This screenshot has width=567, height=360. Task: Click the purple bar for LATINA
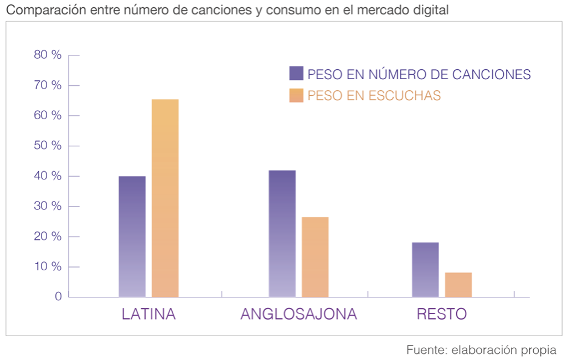tap(132, 236)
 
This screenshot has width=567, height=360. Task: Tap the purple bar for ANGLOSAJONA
tap(282, 233)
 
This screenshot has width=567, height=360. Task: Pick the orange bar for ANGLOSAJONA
tap(315, 256)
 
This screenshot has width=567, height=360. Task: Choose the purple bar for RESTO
tap(425, 269)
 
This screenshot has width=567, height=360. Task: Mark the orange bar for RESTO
tap(458, 284)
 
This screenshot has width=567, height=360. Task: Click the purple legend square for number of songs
tap(296, 74)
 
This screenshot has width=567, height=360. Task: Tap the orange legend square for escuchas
tap(296, 95)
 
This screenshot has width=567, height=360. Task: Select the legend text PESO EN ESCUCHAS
tap(374, 96)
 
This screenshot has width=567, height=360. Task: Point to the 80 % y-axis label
tap(48, 55)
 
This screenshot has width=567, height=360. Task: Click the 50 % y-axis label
tap(48, 146)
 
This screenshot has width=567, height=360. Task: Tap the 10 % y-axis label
tap(48, 266)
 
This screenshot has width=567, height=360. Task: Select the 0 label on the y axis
tap(58, 296)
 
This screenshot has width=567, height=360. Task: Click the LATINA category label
tap(148, 314)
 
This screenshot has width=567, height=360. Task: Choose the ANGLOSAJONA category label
tap(298, 314)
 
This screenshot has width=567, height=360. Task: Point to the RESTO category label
tap(441, 314)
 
